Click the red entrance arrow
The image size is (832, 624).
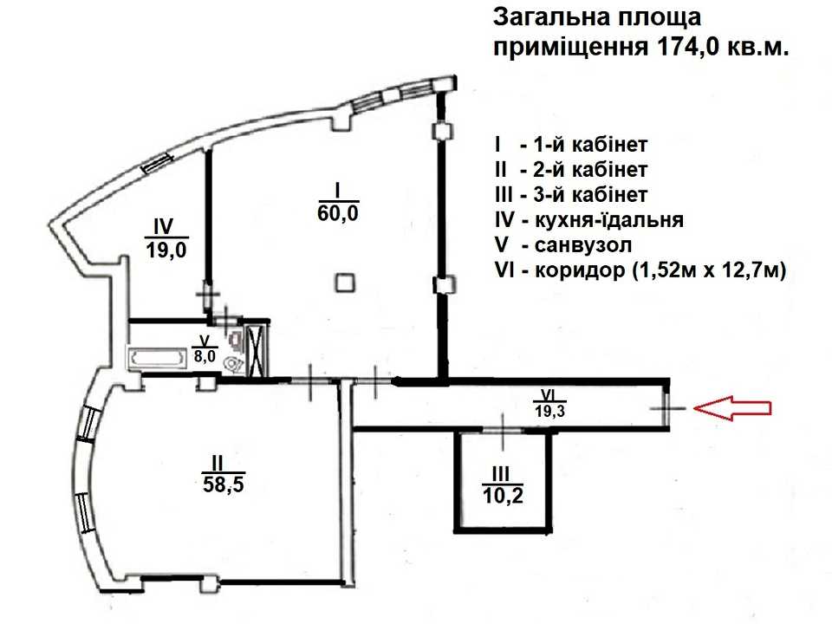[732, 408]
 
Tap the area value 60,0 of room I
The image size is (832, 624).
[338, 213]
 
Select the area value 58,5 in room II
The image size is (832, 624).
[224, 484]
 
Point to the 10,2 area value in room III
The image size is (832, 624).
[503, 496]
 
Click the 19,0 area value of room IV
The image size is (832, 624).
[166, 250]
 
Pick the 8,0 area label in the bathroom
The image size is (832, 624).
[205, 356]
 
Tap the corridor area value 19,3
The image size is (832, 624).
[549, 410]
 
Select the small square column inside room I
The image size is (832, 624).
[345, 282]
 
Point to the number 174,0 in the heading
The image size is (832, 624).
[688, 47]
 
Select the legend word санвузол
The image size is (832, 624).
[583, 245]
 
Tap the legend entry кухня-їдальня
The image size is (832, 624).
[609, 219]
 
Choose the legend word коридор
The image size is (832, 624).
[580, 271]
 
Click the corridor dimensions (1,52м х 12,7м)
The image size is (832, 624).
[708, 271]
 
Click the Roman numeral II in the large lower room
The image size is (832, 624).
[218, 463]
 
